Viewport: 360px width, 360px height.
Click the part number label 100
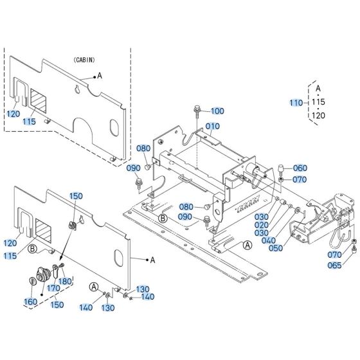point(217,111)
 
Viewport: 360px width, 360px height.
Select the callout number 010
point(212,125)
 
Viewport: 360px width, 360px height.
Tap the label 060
point(300,168)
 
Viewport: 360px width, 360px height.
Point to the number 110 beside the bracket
point(296,103)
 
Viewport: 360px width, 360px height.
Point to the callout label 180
point(65,281)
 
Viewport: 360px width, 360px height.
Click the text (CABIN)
point(82,59)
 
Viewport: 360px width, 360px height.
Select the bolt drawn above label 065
point(354,242)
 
